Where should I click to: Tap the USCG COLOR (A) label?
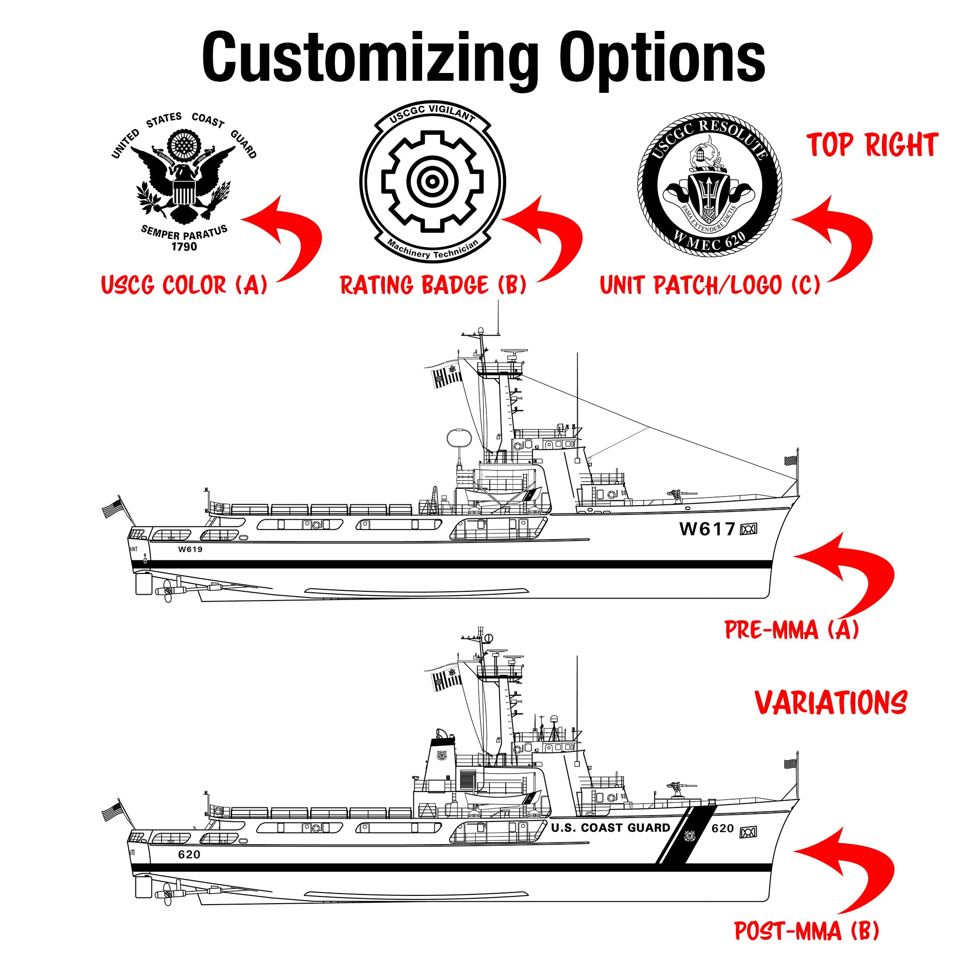pyautogui.click(x=184, y=285)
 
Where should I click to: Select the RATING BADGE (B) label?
pyautogui.click(x=433, y=285)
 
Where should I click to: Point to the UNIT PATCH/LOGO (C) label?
pyautogui.click(x=710, y=285)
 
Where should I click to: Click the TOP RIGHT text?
pyautogui.click(x=872, y=146)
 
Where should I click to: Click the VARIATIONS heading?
pyautogui.click(x=831, y=703)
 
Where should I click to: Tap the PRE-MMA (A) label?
pyautogui.click(x=791, y=629)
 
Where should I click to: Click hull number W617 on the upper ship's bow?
pyautogui.click(x=707, y=529)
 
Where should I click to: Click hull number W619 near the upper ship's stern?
pyautogui.click(x=190, y=549)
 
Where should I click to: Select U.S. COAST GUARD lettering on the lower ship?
pyautogui.click(x=610, y=828)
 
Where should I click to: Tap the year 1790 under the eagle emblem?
pyautogui.click(x=184, y=247)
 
